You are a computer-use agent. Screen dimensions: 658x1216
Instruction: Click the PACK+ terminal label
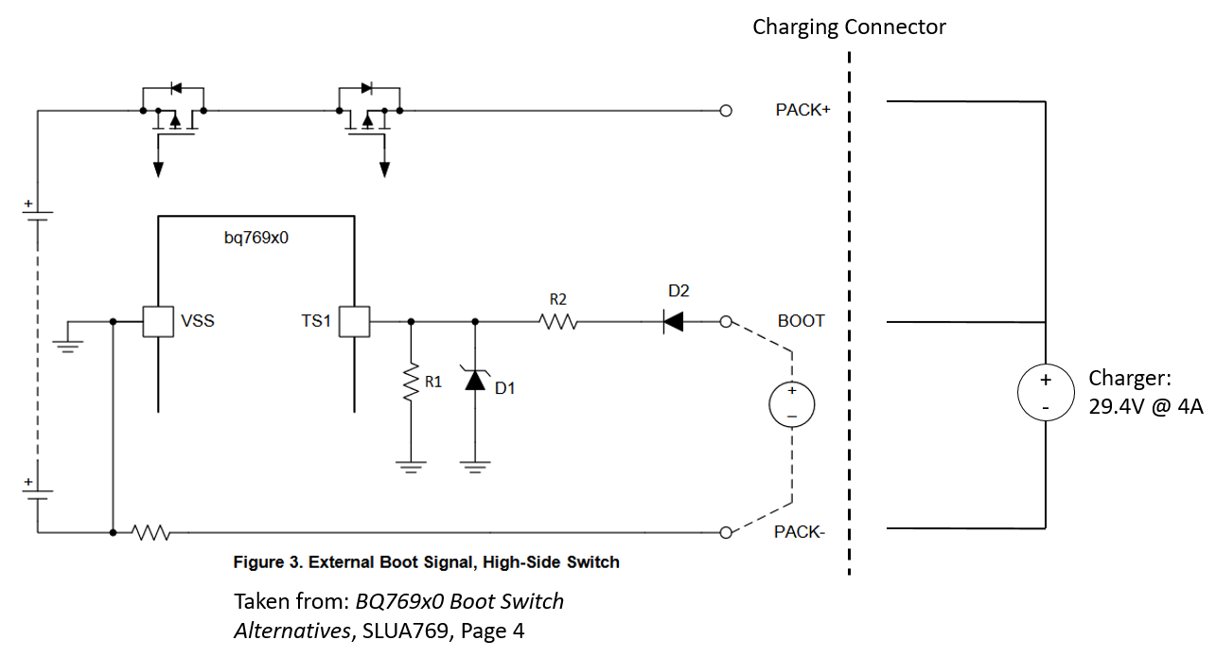[802, 110]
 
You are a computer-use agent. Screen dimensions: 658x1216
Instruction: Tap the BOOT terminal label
[801, 321]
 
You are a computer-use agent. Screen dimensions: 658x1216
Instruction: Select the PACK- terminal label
[800, 532]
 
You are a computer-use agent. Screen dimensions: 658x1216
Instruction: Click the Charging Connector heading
[849, 27]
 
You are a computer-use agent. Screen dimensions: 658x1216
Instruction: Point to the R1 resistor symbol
[411, 383]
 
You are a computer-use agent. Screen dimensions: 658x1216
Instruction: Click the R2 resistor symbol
[558, 322]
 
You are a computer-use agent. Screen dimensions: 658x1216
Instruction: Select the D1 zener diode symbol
[474, 381]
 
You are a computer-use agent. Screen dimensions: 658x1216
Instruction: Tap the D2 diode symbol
[673, 322]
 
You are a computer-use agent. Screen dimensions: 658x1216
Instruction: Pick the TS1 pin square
[354, 322]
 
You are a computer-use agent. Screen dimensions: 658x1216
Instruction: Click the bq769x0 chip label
[256, 239]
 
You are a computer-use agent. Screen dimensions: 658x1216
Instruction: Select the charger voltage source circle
[1045, 393]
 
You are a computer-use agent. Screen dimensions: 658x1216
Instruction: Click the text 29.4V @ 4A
[1145, 407]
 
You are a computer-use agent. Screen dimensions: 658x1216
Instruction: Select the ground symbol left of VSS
[67, 341]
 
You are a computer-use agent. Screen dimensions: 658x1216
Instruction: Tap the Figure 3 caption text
[426, 562]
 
